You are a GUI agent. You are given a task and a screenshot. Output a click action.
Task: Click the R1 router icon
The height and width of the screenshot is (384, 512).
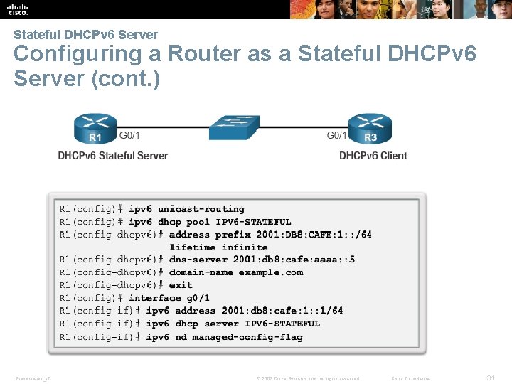click(x=95, y=129)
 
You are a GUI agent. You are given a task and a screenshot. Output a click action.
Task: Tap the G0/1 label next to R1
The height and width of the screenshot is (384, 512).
click(x=129, y=135)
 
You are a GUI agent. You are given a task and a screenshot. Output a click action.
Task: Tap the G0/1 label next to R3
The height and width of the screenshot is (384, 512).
click(x=336, y=135)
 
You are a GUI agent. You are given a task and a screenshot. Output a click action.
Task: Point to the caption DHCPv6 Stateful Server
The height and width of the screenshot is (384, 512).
click(x=113, y=156)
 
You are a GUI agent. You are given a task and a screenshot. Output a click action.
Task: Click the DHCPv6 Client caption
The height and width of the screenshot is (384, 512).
click(x=373, y=156)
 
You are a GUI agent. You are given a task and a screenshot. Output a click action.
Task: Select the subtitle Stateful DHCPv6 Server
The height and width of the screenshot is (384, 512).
click(x=85, y=34)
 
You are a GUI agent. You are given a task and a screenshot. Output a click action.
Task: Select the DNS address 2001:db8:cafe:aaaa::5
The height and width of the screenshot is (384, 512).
click(x=294, y=260)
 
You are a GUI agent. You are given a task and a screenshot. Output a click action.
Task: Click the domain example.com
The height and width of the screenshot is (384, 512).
click(x=270, y=272)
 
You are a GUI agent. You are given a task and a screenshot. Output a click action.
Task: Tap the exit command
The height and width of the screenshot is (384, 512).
click(x=181, y=285)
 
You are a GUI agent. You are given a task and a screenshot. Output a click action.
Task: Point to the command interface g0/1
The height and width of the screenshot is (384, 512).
click(x=169, y=298)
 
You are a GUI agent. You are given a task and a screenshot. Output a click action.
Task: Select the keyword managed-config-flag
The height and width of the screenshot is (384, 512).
click(x=247, y=337)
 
